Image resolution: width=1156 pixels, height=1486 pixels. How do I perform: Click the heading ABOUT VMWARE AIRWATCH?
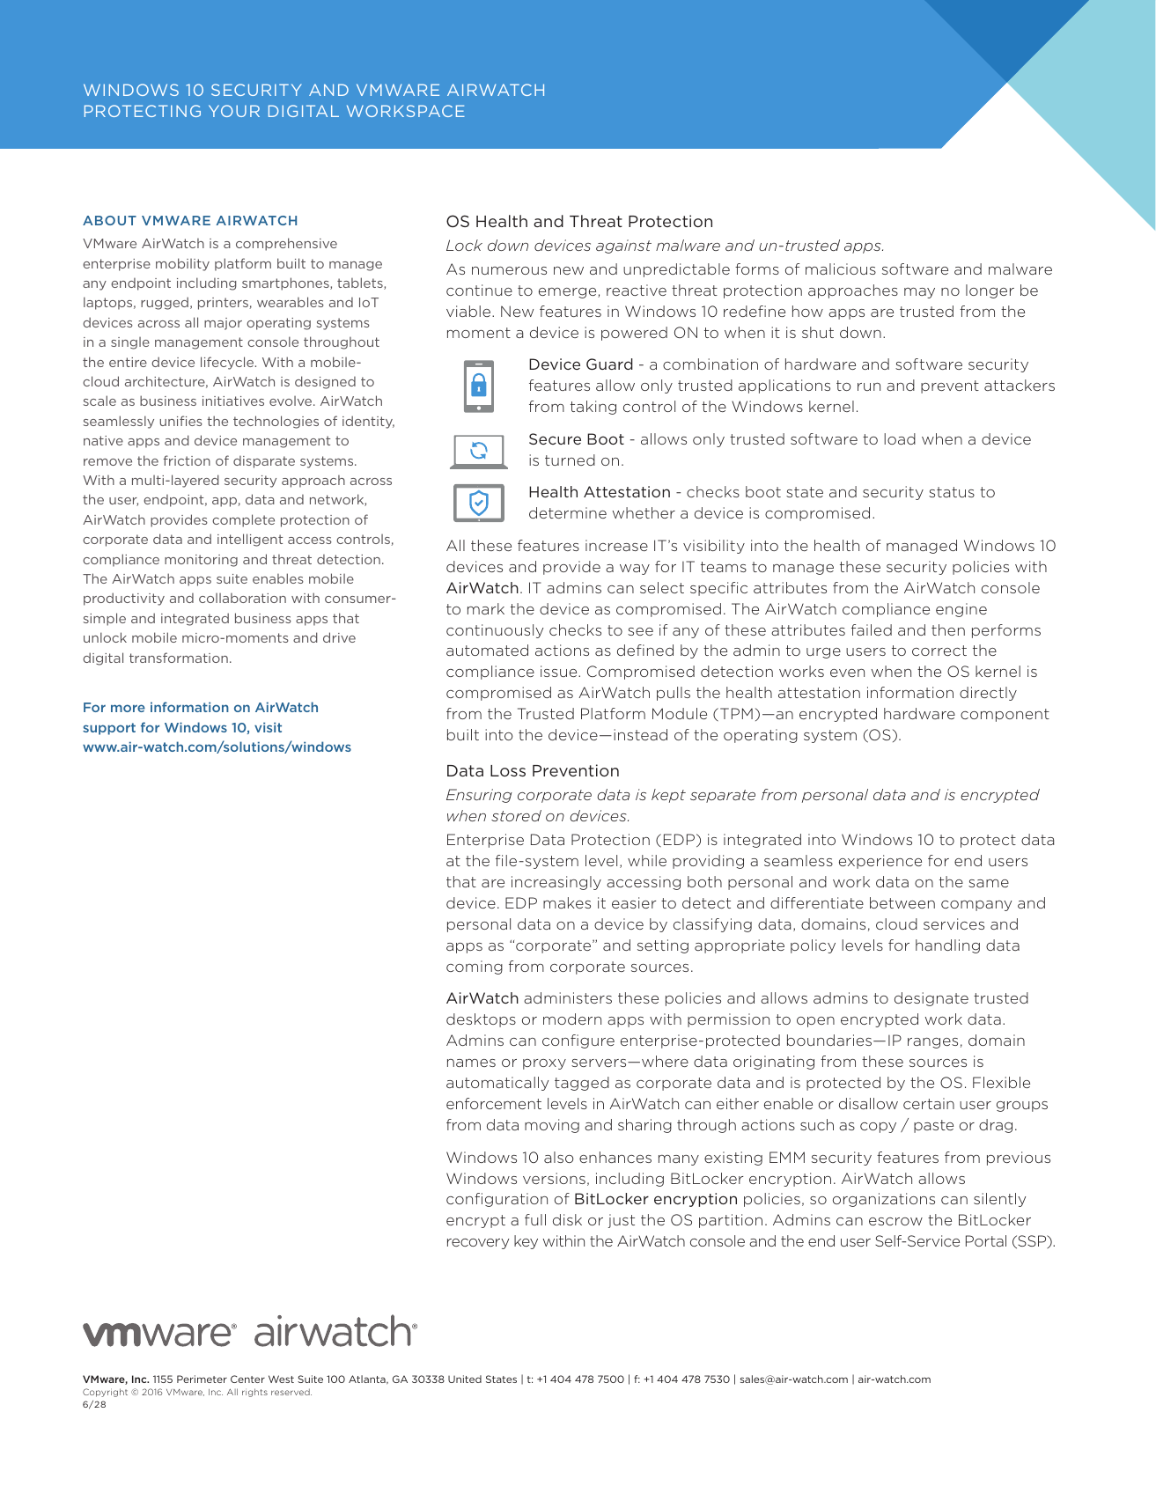(x=190, y=221)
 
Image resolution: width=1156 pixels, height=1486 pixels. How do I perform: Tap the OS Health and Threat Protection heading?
(x=579, y=222)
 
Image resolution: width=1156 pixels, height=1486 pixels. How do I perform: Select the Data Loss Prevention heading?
(x=533, y=771)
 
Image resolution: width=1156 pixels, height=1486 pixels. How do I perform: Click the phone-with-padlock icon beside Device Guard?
(x=478, y=386)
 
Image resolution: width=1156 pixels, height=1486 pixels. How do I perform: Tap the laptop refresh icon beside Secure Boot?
(x=478, y=451)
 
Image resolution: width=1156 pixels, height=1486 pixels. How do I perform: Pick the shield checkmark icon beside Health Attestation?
(x=478, y=504)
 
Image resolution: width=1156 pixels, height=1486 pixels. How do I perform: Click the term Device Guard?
(x=580, y=364)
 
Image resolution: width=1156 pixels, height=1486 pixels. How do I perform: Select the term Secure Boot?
(x=576, y=439)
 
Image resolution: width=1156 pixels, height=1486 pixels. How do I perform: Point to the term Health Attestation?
(x=599, y=492)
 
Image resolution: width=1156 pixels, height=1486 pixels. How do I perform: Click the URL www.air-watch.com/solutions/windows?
(x=217, y=747)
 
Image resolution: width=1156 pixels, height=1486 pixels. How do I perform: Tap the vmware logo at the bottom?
(x=158, y=1333)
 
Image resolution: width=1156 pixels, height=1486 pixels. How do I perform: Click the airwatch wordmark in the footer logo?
(x=335, y=1332)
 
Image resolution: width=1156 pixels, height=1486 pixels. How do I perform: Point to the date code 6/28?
(x=94, y=1404)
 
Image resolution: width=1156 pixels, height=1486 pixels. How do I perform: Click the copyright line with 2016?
(x=197, y=1392)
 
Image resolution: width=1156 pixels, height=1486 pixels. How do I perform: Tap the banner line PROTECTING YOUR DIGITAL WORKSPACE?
(x=274, y=112)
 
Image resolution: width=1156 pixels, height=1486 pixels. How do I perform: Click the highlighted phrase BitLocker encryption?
(x=655, y=1199)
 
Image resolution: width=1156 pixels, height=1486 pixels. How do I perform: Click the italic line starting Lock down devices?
(x=665, y=246)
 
